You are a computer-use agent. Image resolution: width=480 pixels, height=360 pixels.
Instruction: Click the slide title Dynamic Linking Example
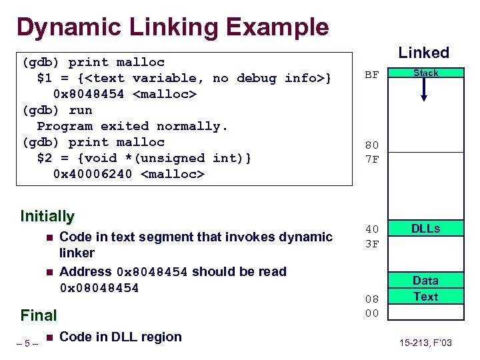pos(173,27)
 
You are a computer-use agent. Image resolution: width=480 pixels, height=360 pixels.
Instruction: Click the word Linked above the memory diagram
pos(423,53)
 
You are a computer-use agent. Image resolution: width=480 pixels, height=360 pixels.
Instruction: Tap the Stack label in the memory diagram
pos(425,73)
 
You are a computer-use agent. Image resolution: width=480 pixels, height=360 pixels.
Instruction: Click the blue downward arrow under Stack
pos(424,90)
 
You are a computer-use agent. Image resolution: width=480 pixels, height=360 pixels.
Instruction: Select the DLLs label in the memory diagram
pos(425,229)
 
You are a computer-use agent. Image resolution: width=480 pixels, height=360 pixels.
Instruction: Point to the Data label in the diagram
pos(425,281)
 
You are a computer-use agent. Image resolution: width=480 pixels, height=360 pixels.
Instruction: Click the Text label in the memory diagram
pos(425,297)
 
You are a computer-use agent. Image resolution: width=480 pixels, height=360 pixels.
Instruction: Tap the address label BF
pos(372,75)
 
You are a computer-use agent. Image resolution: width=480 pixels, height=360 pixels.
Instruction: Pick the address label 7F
pos(372,160)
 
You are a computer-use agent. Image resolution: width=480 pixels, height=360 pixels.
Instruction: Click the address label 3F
pos(372,245)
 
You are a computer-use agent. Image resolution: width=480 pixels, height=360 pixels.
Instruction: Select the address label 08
pos(372,298)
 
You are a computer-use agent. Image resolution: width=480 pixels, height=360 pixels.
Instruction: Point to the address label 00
pos(372,313)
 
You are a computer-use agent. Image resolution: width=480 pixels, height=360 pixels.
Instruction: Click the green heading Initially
pos(47,216)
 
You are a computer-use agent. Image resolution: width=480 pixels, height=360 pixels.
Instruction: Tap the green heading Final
pos(39,315)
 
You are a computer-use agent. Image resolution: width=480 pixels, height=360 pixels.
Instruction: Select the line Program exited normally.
pos(133,126)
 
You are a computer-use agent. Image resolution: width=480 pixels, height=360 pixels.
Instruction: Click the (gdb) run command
pos(57,110)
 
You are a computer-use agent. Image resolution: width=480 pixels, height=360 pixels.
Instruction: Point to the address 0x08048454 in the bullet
pos(99,288)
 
